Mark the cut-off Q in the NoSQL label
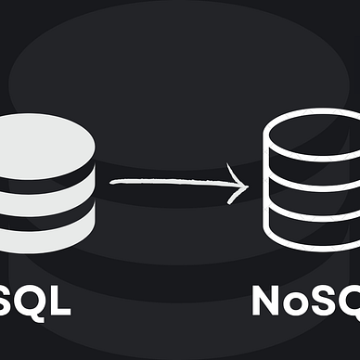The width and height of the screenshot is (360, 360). click(354, 303)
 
